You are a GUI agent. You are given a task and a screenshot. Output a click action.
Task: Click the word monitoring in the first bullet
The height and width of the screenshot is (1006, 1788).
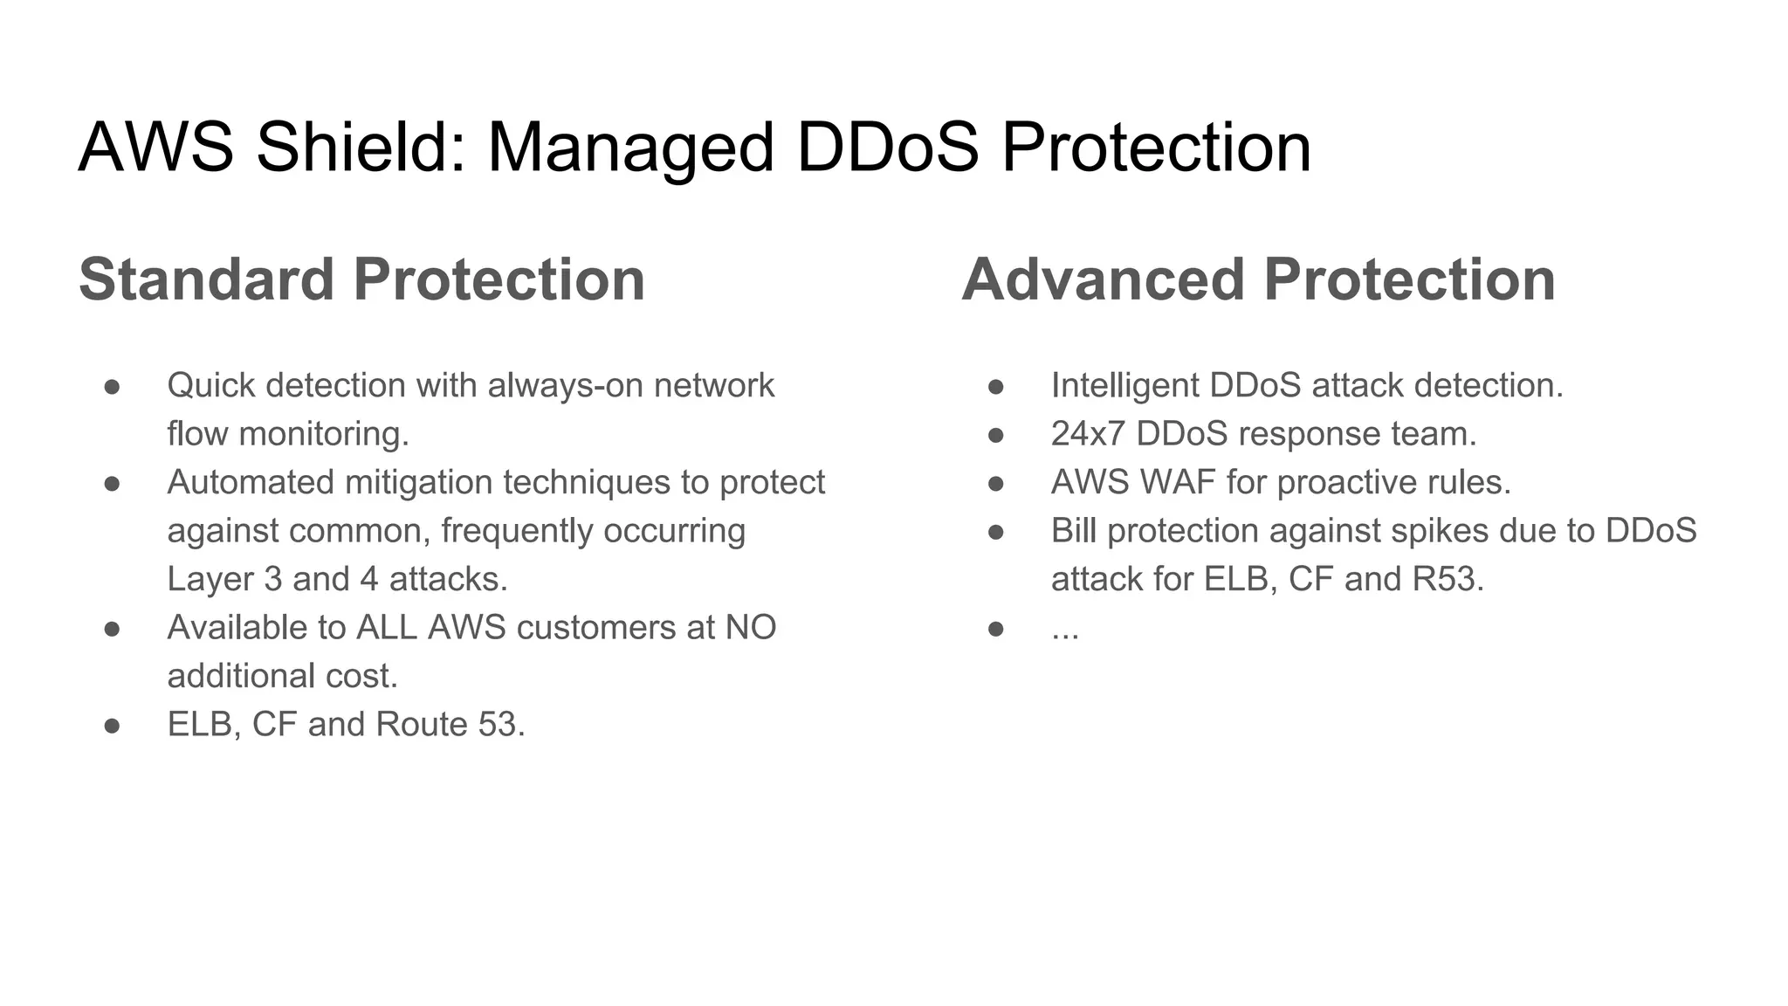click(x=324, y=434)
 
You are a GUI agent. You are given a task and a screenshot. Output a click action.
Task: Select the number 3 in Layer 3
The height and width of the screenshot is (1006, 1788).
click(x=273, y=579)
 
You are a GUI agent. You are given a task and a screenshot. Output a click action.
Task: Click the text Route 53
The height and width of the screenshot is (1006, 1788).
click(x=450, y=725)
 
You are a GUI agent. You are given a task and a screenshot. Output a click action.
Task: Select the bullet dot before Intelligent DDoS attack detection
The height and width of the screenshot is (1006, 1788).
click(x=995, y=386)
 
